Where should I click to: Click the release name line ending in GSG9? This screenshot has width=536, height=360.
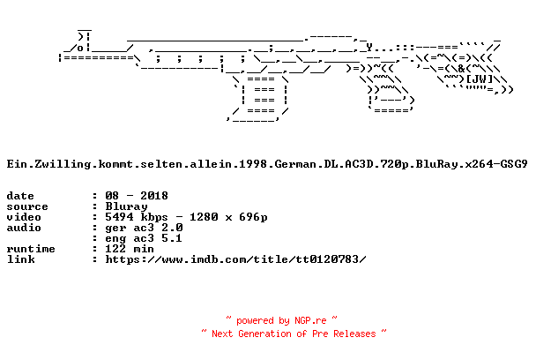pyautogui.click(x=267, y=164)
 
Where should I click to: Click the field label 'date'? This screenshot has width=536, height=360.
pyautogui.click(x=20, y=196)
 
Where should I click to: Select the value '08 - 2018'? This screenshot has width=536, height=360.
pyautogui.click(x=137, y=196)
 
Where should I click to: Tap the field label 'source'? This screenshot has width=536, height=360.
pyautogui.click(x=27, y=206)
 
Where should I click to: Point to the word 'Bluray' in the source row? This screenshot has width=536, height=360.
pyautogui.click(x=126, y=206)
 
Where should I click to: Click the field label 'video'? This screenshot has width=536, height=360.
pyautogui.click(x=24, y=217)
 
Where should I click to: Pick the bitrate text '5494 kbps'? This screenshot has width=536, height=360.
pyautogui.click(x=137, y=217)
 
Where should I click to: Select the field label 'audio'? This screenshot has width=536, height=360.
pyautogui.click(x=24, y=228)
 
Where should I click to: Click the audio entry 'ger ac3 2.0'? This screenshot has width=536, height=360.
pyautogui.click(x=144, y=228)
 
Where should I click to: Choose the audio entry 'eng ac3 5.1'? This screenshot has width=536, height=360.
pyautogui.click(x=144, y=238)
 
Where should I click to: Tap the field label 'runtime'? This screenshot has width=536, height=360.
pyautogui.click(x=31, y=249)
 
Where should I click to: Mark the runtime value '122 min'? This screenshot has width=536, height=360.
pyautogui.click(x=130, y=249)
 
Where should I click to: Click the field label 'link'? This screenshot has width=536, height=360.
pyautogui.click(x=20, y=259)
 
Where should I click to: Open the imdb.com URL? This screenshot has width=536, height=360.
pyautogui.click(x=235, y=259)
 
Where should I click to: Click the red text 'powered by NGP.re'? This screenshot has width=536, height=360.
pyautogui.click(x=281, y=320)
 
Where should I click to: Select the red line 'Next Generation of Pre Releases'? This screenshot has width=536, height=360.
pyautogui.click(x=294, y=334)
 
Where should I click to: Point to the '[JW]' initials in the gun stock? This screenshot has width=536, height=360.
pyautogui.click(x=480, y=79)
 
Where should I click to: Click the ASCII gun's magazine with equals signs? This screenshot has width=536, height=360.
pyautogui.click(x=260, y=99)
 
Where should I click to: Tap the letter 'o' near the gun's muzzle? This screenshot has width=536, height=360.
pyautogui.click(x=80, y=48)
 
